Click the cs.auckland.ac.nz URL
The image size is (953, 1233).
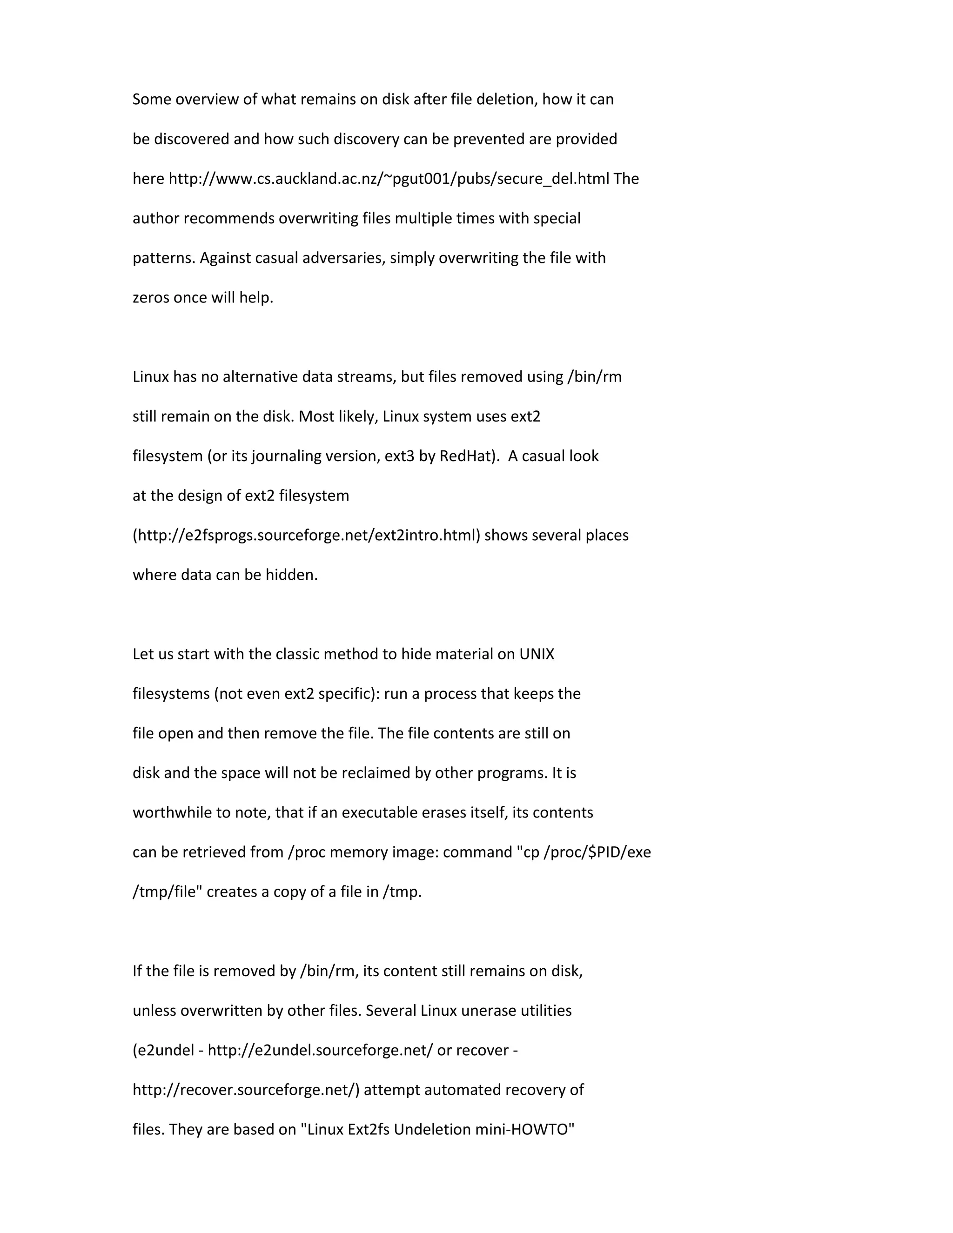click(389, 179)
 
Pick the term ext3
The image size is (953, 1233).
click(399, 456)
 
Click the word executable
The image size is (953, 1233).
click(381, 812)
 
